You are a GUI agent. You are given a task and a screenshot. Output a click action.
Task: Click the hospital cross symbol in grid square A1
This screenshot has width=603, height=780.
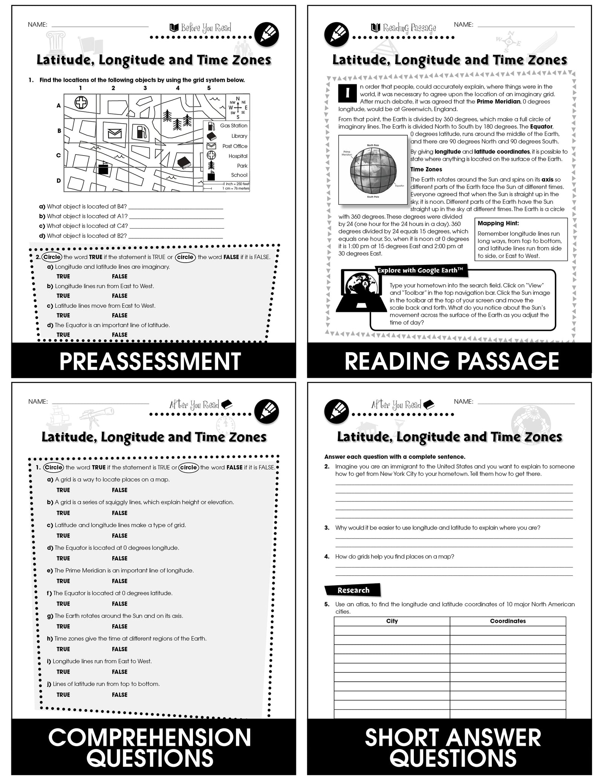coord(81,102)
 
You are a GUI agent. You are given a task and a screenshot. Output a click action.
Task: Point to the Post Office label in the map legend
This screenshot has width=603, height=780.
coord(235,146)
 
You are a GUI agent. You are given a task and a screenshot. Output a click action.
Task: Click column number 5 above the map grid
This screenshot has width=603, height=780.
coord(209,88)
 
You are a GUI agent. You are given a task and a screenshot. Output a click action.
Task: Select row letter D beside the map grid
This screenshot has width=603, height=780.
coord(59,180)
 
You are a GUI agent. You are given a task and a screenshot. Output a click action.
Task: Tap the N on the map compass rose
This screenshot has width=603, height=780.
coord(237,99)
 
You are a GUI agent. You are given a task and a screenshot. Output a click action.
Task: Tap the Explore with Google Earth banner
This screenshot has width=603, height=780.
coord(420,270)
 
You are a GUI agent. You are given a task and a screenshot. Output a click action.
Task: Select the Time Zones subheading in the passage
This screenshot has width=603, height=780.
coord(426,169)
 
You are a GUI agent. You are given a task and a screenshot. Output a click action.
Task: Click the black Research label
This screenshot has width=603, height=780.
coord(353,590)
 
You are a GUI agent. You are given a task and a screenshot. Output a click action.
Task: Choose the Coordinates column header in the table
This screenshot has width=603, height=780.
coord(508,621)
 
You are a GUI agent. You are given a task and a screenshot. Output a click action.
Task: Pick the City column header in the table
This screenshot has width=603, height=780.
coord(392,621)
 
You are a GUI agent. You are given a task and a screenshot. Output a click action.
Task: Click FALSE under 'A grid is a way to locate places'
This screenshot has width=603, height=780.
coord(119,490)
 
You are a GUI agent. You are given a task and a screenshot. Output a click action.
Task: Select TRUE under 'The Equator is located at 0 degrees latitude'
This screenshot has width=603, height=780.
coord(63,604)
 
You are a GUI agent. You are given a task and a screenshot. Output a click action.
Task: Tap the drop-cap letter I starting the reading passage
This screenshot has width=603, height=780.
coord(347,93)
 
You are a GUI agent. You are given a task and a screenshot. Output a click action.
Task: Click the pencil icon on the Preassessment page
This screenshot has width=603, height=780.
coord(267,35)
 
